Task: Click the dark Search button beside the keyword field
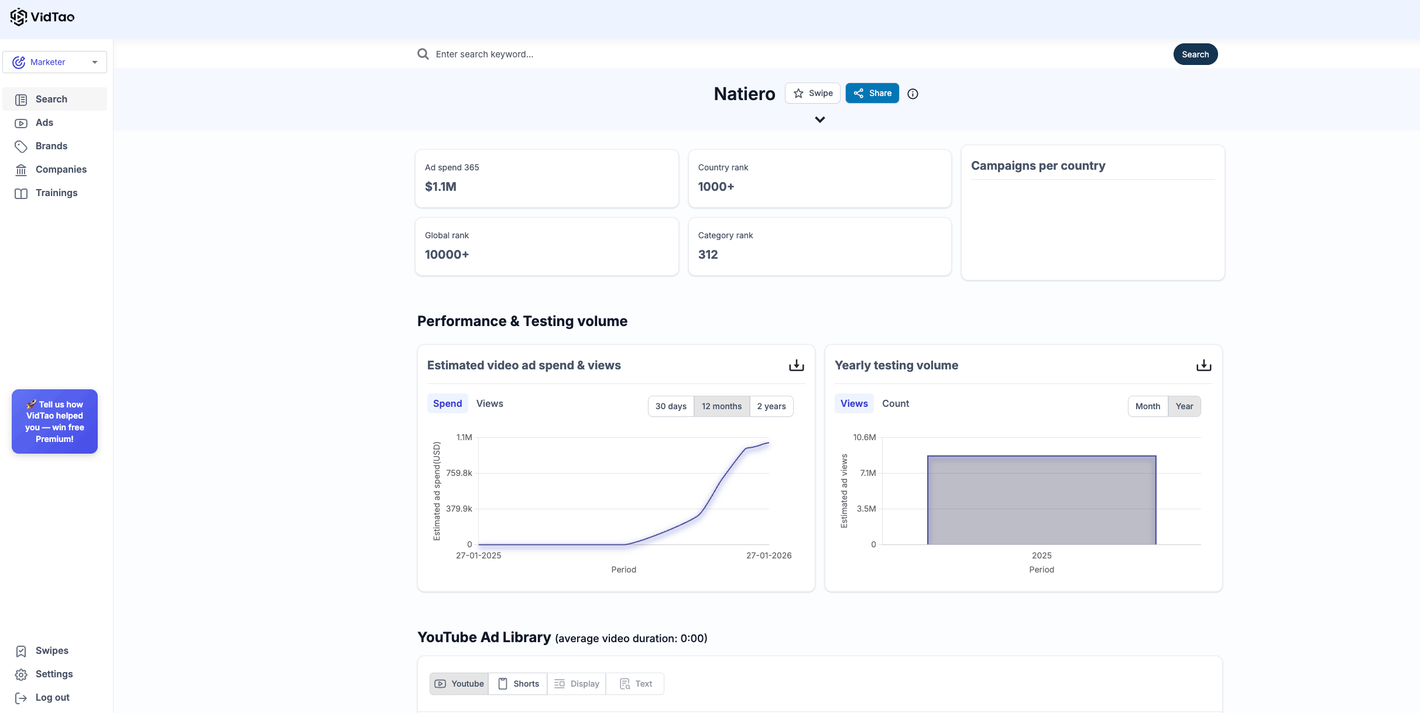click(1195, 54)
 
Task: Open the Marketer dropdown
click(54, 62)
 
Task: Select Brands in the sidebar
click(52, 146)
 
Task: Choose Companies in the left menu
click(61, 169)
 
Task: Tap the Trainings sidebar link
click(56, 193)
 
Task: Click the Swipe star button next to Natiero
click(812, 93)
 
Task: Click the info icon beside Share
click(913, 94)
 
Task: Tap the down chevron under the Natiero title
click(819, 119)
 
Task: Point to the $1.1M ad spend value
click(441, 187)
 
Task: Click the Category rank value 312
click(708, 255)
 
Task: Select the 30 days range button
click(671, 406)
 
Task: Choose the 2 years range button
click(771, 406)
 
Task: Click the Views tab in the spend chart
click(489, 403)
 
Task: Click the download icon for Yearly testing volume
click(1203, 365)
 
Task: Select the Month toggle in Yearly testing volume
click(1147, 406)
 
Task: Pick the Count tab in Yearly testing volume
click(895, 403)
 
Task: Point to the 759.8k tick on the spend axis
click(459, 473)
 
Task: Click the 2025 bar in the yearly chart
click(1041, 500)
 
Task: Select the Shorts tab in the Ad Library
click(518, 684)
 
